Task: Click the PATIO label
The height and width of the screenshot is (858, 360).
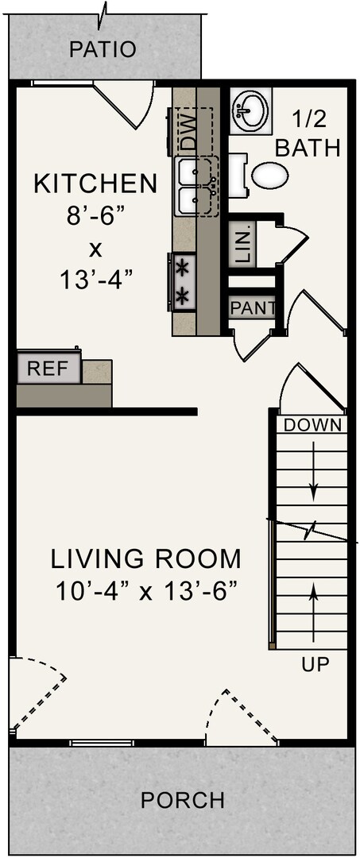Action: [103, 49]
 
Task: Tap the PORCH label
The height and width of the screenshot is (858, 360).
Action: [183, 800]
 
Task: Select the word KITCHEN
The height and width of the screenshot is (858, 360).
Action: [95, 184]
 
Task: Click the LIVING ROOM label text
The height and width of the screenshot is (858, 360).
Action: [146, 558]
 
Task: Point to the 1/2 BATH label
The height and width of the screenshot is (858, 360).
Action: [309, 135]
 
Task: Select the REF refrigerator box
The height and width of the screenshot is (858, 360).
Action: [48, 369]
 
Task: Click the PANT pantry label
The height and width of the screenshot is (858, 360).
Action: [252, 307]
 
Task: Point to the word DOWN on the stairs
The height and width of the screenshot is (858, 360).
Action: [313, 424]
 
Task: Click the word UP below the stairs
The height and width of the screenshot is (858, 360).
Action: [315, 664]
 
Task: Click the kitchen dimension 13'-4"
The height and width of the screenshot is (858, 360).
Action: [95, 280]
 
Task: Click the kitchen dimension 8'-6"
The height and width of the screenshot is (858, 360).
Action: [95, 216]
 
